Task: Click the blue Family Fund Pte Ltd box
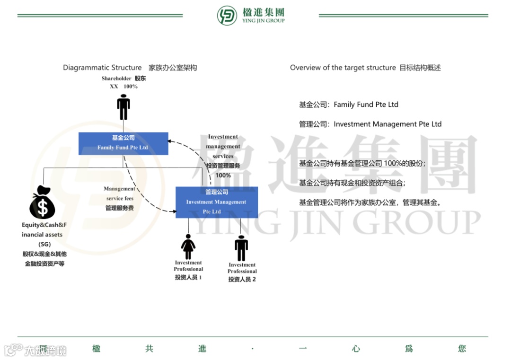point(123,143)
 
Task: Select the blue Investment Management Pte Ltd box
point(216,202)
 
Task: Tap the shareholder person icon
point(123,107)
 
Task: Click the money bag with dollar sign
point(42,203)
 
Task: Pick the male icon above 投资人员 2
point(241,248)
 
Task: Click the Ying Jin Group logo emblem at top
point(227,16)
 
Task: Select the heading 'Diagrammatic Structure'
point(102,68)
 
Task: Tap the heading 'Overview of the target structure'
point(343,68)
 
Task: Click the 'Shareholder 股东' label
point(123,79)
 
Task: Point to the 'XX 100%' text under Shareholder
point(123,87)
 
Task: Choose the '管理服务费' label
point(120,208)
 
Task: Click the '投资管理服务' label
point(223,166)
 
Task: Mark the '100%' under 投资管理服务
point(223,176)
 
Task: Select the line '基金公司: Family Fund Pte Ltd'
point(348,105)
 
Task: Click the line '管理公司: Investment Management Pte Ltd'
point(370,124)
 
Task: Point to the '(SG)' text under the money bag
point(44,244)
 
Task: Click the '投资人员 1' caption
point(188,277)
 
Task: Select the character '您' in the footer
point(462,349)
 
